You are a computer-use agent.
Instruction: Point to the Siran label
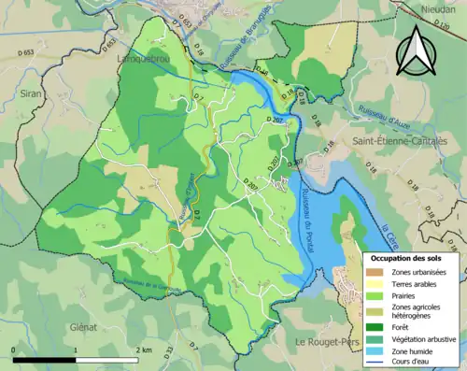[32, 94]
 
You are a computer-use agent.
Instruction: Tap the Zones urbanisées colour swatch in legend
[380, 272]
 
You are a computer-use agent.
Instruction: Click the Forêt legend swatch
[380, 327]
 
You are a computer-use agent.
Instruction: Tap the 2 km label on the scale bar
[142, 350]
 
